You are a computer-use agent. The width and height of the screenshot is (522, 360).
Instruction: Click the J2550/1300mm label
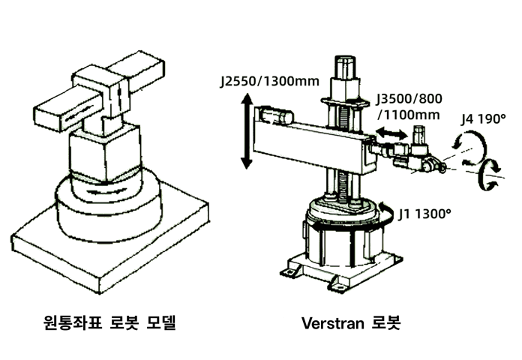pos(270,82)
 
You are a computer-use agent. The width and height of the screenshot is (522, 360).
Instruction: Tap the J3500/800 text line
pos(409,99)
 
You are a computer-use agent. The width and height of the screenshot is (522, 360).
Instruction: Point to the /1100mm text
pos(409,115)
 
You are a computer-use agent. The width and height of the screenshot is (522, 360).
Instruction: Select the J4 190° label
pos(484,119)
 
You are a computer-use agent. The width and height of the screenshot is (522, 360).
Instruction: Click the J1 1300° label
pos(424,214)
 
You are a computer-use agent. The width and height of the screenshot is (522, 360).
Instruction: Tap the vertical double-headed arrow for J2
pos(247,131)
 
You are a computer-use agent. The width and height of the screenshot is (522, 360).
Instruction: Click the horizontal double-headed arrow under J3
pos(391,133)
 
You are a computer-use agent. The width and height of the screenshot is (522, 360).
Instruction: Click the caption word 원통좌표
pos(73,322)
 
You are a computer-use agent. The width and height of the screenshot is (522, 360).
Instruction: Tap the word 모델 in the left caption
pos(160,322)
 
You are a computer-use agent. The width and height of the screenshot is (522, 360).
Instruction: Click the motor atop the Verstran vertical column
pos(345,67)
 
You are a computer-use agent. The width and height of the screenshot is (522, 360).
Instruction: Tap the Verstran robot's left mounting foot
pos(290,272)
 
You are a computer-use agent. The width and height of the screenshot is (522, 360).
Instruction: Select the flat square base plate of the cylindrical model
pos(109,242)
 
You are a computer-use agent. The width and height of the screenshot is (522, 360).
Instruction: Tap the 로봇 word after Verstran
pos(386,322)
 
